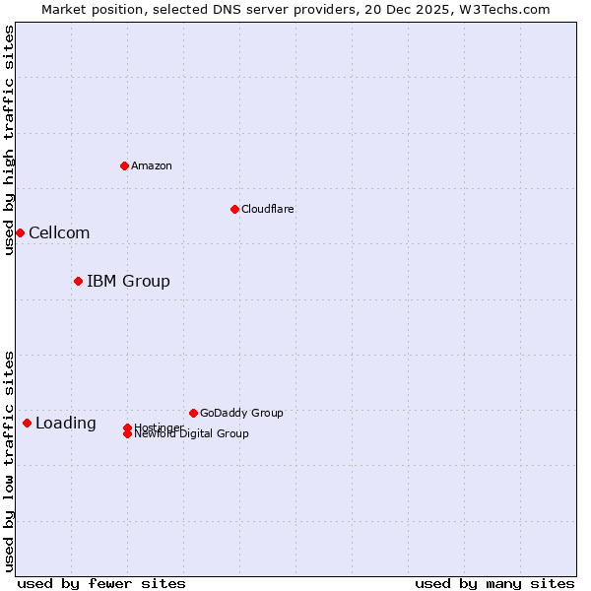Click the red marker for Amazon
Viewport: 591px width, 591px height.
coord(124,165)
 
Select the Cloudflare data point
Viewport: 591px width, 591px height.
coord(234,209)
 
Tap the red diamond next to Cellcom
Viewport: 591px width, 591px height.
coord(20,232)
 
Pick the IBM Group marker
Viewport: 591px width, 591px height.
coord(78,281)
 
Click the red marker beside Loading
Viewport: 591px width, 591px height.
coord(27,423)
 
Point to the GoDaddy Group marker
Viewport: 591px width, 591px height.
coord(193,413)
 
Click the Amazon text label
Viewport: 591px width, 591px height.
coord(151,165)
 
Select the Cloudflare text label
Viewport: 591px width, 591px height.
coord(267,209)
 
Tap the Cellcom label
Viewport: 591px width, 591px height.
coord(59,232)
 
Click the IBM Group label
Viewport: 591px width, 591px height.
coord(128,281)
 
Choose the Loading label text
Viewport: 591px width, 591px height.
coord(66,423)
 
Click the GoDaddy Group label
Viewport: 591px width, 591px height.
coord(241,413)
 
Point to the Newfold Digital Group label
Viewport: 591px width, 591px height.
coord(191,433)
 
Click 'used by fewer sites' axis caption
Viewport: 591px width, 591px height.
coord(101,583)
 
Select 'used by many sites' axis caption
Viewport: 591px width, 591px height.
coord(494,583)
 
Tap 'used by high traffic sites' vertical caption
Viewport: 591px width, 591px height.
coord(9,140)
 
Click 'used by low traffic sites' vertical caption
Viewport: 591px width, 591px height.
coord(9,460)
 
